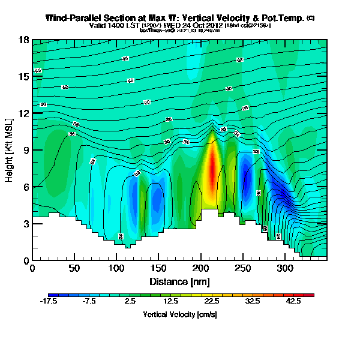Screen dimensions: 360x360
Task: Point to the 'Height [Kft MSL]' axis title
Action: (x=10, y=150)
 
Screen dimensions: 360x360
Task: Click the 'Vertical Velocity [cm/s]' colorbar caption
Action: (x=179, y=314)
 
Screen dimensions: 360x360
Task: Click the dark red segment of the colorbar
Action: (x=310, y=295)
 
